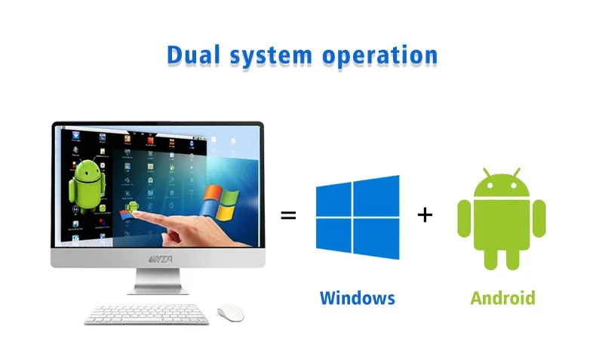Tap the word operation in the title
(383, 56)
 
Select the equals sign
(288, 215)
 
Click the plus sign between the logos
(425, 215)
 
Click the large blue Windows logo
(357, 217)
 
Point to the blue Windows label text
(357, 297)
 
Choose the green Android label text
(502, 297)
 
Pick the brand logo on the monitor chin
(158, 259)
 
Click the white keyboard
(146, 314)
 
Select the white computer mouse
(230, 312)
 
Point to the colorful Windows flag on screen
(220, 202)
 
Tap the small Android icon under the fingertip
(132, 205)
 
